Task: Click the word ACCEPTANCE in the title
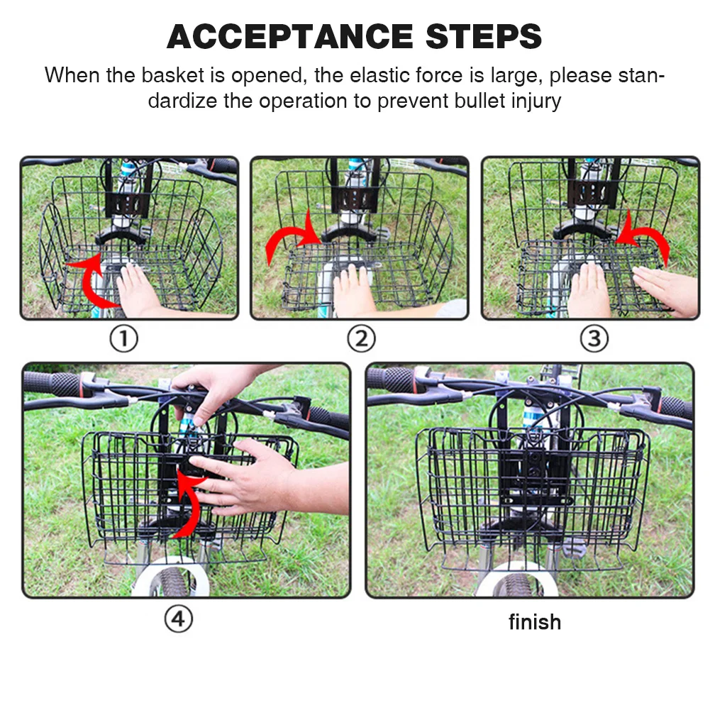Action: (290, 36)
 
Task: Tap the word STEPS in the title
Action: (484, 36)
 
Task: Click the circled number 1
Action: (123, 339)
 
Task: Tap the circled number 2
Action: (361, 339)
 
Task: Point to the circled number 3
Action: (594, 339)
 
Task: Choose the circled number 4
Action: (179, 619)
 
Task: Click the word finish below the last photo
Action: (535, 622)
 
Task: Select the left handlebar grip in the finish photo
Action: (393, 379)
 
